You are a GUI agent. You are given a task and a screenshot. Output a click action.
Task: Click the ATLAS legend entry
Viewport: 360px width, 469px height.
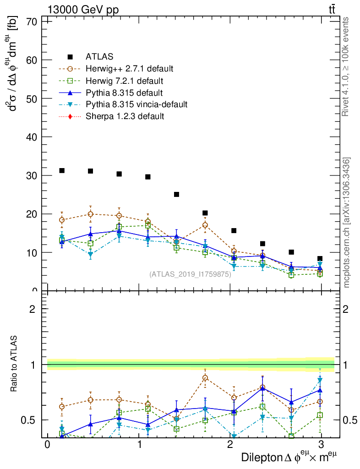99,57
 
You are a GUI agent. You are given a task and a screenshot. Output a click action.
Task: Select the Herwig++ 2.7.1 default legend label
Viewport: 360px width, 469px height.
129,69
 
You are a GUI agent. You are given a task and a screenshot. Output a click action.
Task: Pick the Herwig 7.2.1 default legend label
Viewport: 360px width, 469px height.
124,81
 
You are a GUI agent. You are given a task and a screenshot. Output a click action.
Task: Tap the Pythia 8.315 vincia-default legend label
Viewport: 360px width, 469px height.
136,104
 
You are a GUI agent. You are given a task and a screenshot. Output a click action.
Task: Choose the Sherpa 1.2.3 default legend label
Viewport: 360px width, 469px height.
125,116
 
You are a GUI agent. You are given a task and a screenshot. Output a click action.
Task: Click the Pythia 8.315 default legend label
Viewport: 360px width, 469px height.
121,93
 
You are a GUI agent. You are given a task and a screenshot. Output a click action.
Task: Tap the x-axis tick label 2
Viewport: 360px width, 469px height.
230,445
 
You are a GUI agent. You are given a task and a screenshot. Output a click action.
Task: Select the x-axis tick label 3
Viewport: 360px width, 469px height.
322,445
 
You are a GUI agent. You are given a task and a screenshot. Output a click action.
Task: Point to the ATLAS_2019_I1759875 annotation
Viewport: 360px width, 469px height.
190,274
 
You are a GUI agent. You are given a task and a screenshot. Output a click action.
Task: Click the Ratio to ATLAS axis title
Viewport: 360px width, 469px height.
15,365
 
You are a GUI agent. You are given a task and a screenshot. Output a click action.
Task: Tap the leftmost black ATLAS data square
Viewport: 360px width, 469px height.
62,170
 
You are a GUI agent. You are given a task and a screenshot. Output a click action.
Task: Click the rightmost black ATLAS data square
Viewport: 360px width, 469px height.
320,259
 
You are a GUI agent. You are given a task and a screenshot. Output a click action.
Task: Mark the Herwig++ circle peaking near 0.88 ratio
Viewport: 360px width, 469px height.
205,378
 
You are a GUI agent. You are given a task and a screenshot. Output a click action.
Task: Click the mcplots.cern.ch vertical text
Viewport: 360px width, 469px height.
347,223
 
